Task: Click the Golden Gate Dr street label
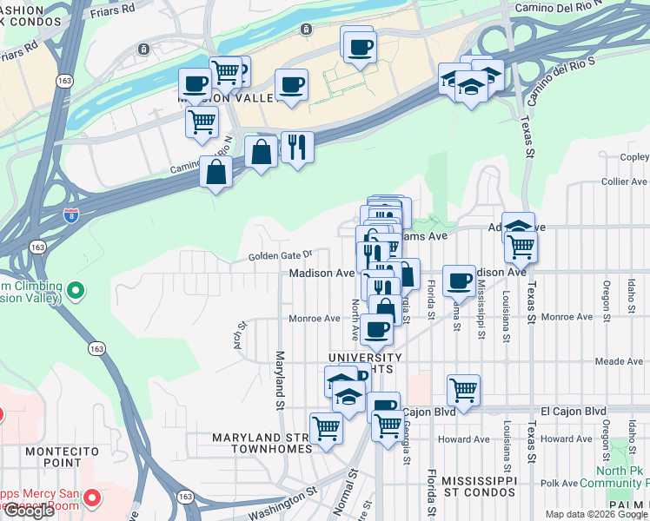click(x=280, y=255)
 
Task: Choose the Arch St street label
click(x=242, y=336)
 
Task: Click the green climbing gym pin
click(x=76, y=290)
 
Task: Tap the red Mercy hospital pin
click(x=94, y=498)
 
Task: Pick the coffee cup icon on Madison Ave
click(x=458, y=280)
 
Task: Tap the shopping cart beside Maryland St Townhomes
click(x=326, y=427)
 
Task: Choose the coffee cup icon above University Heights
click(x=376, y=329)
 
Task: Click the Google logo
click(x=29, y=511)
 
